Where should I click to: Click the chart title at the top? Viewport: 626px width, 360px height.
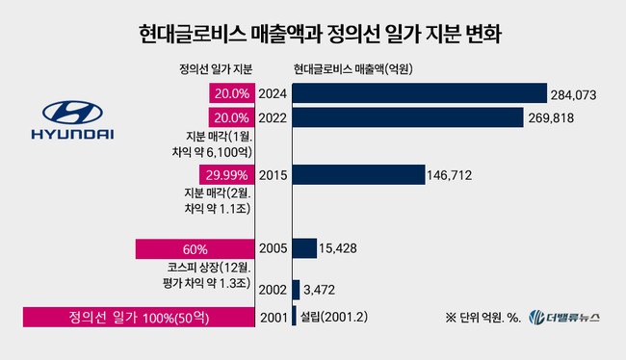[x=313, y=36]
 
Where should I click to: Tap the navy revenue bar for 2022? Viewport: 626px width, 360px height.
[x=413, y=116]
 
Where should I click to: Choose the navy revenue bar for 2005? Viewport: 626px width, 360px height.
[x=304, y=248]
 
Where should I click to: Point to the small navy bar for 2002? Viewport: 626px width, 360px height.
[x=295, y=289]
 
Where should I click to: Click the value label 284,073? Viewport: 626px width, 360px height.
[x=576, y=94]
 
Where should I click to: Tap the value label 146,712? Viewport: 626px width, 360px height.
[x=453, y=175]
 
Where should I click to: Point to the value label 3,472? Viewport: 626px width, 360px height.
[x=320, y=289]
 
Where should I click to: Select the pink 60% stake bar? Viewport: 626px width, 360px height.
[x=195, y=248]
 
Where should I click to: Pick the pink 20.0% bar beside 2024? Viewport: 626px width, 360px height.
[x=231, y=93]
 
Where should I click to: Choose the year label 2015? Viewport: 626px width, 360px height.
[x=273, y=175]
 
